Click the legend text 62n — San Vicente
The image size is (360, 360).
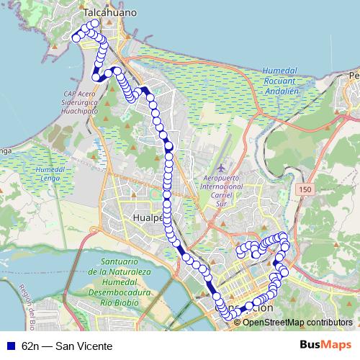[x=68, y=346]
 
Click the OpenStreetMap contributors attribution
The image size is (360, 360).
[x=297, y=322]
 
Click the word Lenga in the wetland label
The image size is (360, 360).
[x=48, y=177]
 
